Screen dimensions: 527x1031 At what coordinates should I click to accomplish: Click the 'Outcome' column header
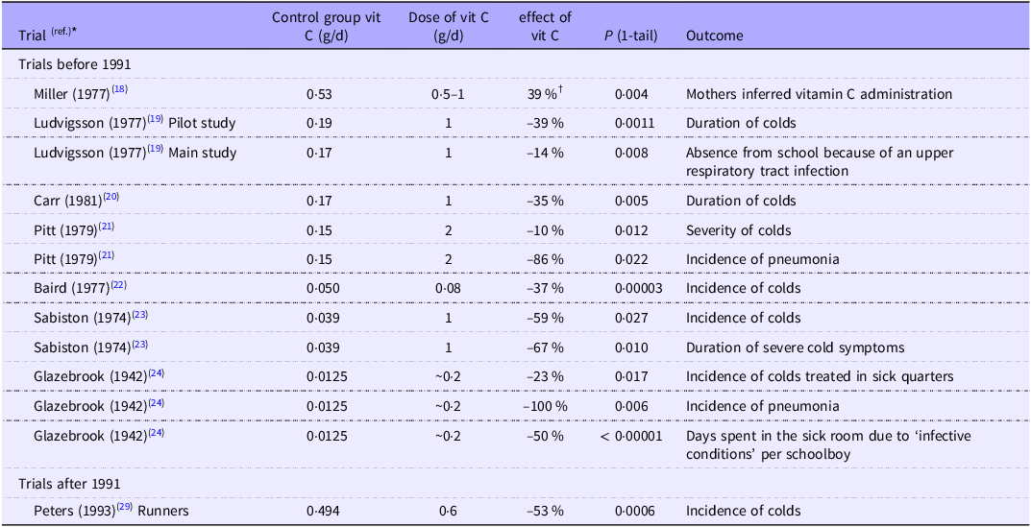click(x=714, y=36)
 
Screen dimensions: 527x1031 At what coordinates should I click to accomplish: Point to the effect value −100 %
click(x=544, y=406)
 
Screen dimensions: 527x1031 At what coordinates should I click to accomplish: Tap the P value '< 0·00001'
click(x=633, y=436)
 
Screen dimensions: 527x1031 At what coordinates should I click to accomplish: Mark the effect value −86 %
click(x=544, y=260)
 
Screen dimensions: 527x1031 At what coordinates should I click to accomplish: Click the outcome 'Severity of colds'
click(x=737, y=230)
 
